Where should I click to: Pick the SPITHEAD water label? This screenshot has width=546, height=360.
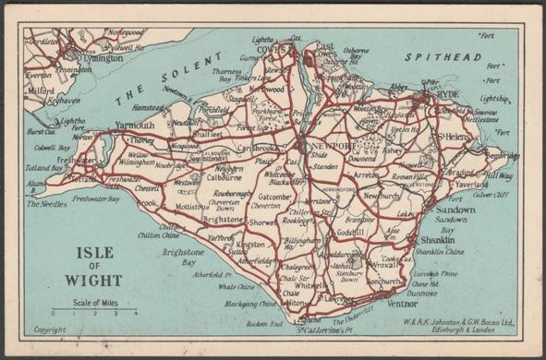click(428, 57)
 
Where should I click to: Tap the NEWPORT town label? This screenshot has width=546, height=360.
click(331, 147)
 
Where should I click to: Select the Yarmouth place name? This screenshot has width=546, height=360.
click(135, 124)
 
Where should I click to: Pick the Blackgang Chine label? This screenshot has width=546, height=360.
click(249, 303)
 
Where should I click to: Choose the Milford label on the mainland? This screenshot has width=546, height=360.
click(42, 91)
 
